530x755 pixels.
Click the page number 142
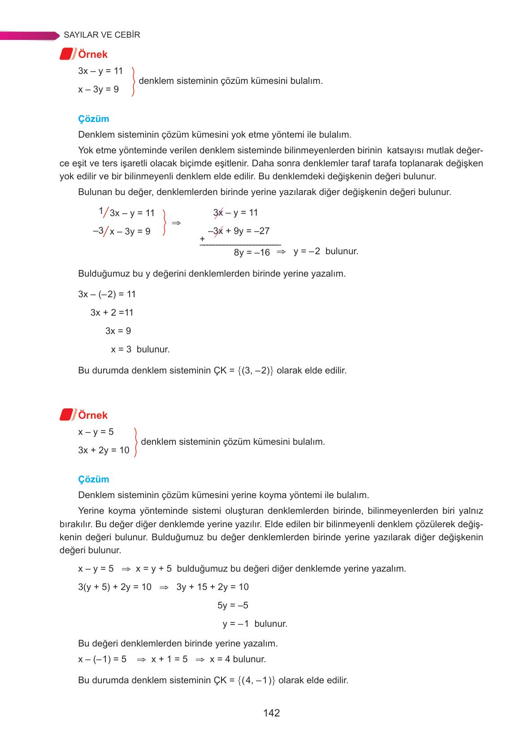pyautogui.click(x=271, y=713)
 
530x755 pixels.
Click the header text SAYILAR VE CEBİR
pyautogui.click(x=102, y=35)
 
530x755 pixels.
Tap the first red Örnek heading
pyautogui.click(x=92, y=54)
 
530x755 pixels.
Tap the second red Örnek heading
pyautogui.click(x=92, y=415)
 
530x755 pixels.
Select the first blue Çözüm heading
pyautogui.click(x=93, y=119)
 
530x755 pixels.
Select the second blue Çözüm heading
pyautogui.click(x=93, y=479)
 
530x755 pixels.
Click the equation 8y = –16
pyautogui.click(x=252, y=252)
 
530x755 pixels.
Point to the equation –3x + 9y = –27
pyautogui.click(x=239, y=231)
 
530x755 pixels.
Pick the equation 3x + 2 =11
pyautogui.click(x=112, y=312)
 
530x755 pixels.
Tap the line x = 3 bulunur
pyautogui.click(x=140, y=349)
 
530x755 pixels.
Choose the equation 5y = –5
pyautogui.click(x=232, y=605)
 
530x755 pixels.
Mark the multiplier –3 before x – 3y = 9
pyautogui.click(x=98, y=231)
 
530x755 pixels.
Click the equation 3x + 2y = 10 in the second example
pyautogui.click(x=104, y=450)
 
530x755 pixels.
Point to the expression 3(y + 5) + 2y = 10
pyautogui.click(x=115, y=587)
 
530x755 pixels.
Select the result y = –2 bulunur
pyautogui.click(x=326, y=251)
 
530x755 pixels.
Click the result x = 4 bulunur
pyautogui.click(x=238, y=659)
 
